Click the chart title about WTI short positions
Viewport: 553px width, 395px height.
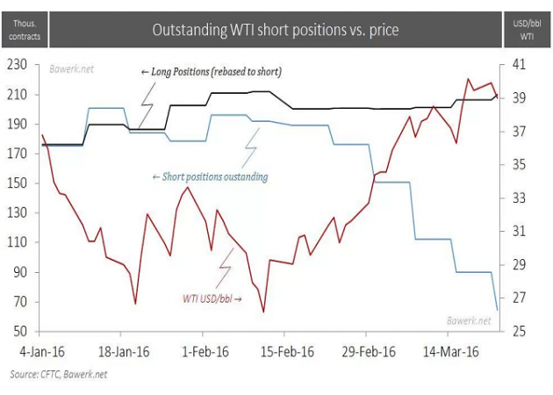click(275, 30)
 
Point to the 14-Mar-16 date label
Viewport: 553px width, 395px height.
click(450, 351)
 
